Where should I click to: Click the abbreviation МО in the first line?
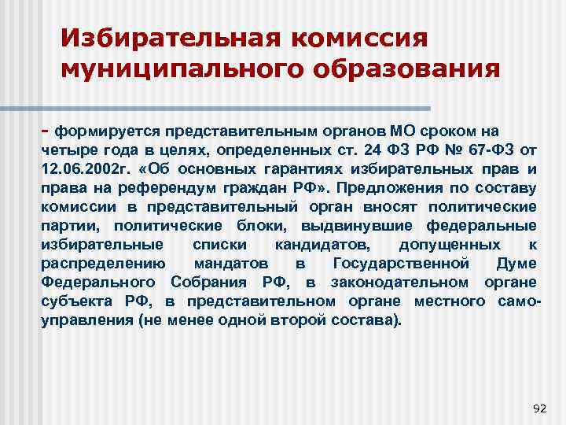click(402, 130)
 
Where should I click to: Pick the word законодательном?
click(394, 283)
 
